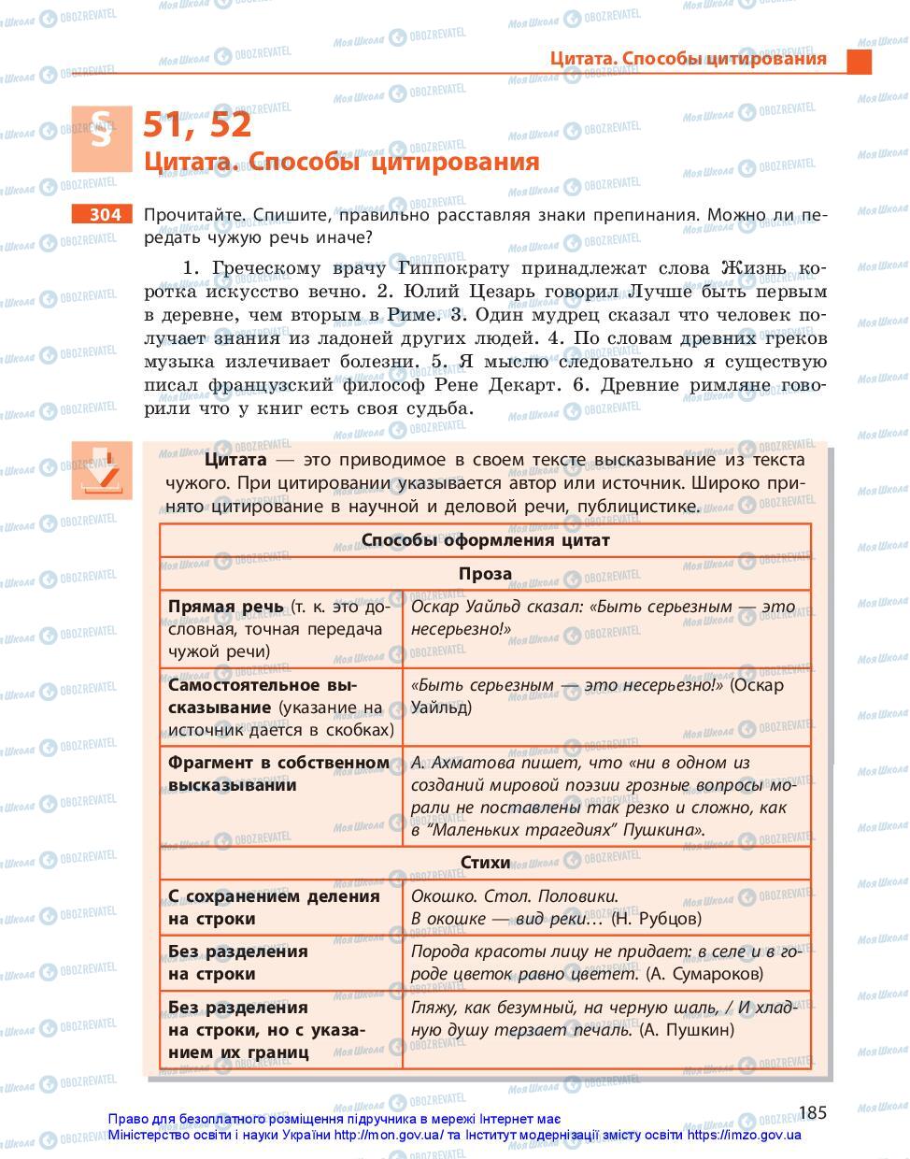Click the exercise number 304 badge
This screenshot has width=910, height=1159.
[103, 215]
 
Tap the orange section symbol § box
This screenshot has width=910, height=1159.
[102, 138]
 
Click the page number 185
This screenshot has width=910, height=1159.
[813, 1112]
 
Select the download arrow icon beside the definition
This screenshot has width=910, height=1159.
[101, 470]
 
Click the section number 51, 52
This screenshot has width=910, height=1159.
[197, 124]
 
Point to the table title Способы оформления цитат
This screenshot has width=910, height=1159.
[485, 540]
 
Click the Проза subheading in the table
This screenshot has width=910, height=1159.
[485, 574]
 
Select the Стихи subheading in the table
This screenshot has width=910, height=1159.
[485, 863]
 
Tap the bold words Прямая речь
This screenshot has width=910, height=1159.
[225, 607]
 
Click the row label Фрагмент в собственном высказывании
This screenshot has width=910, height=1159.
[278, 774]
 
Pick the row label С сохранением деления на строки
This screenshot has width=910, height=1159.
[274, 908]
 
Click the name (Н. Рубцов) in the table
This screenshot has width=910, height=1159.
[656, 919]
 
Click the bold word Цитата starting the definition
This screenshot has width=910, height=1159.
[235, 460]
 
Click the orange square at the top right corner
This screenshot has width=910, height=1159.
[859, 61]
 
